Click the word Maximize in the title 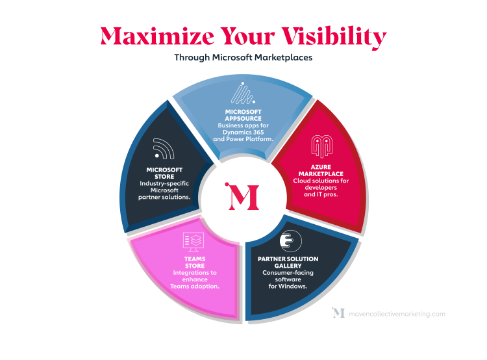click(x=158, y=36)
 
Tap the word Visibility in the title click(x=334, y=37)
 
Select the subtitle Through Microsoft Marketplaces click(x=243, y=58)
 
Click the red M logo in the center click(x=242, y=196)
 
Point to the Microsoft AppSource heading click(x=243, y=115)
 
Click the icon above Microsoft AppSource click(x=243, y=93)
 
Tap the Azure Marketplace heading click(x=321, y=170)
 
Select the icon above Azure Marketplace click(x=322, y=146)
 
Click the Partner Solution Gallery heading click(x=288, y=263)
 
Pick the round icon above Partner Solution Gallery click(x=291, y=241)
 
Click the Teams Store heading click(x=195, y=263)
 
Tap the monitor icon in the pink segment click(x=194, y=242)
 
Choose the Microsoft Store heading click(x=164, y=173)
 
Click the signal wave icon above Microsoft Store click(x=164, y=149)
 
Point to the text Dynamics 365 click(x=243, y=132)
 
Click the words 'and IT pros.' click(x=321, y=194)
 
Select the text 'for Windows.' click(x=288, y=287)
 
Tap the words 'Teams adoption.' click(x=195, y=287)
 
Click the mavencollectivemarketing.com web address click(x=397, y=314)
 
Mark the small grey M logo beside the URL click(x=338, y=313)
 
